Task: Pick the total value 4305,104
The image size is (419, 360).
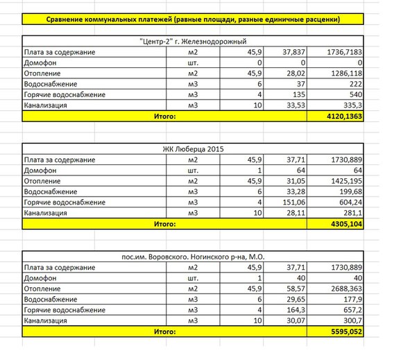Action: point(345,225)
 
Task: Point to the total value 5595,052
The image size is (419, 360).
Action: point(345,332)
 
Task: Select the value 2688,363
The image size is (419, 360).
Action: point(344,289)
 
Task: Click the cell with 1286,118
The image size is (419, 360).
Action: point(344,74)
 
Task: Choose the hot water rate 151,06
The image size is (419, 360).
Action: point(290,203)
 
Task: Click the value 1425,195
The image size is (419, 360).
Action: point(344,181)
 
